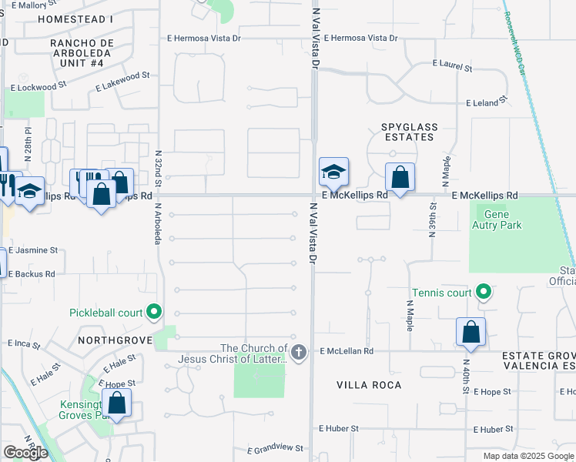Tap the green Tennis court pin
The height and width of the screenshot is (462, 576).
(483, 292)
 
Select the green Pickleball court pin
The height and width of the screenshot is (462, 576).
(154, 312)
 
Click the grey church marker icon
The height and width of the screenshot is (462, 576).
(299, 353)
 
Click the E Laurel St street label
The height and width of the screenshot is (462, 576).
(451, 67)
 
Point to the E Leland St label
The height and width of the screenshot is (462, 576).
(487, 102)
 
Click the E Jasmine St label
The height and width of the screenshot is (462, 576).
(33, 251)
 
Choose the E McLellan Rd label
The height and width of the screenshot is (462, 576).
(347, 351)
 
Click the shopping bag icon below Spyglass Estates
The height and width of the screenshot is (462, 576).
(400, 177)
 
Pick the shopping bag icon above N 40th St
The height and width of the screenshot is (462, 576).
(471, 332)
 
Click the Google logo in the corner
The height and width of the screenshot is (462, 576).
(25, 453)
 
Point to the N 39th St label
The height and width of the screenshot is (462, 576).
(432, 219)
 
